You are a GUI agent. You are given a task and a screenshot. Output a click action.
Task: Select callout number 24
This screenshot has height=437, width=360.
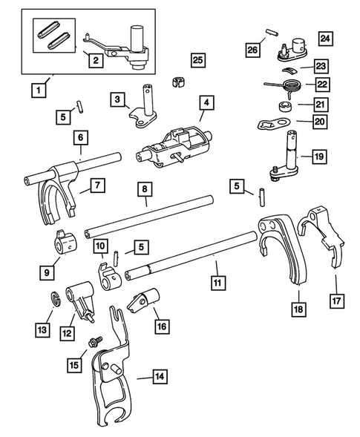coord(325,38)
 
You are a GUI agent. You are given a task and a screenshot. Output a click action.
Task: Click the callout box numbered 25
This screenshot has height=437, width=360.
coord(197,59)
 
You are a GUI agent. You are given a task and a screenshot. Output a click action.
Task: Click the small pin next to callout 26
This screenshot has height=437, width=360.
coord(272,32)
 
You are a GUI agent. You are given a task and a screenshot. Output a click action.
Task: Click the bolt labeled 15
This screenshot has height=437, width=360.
coord(95,344)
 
